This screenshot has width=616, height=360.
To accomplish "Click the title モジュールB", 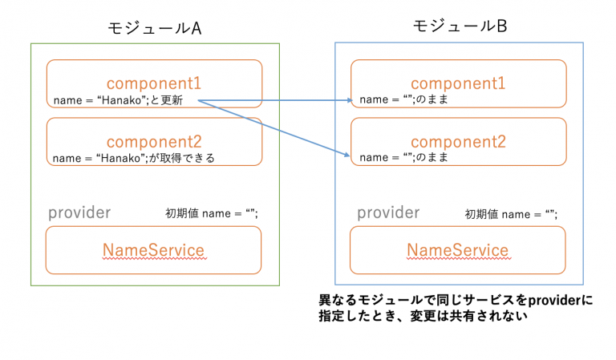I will [460, 26].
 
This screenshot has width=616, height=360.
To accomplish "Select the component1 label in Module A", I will [154, 83].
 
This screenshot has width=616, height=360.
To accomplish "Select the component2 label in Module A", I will [154, 140].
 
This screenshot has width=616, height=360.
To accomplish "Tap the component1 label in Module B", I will [459, 83].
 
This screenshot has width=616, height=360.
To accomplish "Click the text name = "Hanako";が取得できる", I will [133, 158].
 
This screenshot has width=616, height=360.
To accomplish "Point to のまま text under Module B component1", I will [436, 100].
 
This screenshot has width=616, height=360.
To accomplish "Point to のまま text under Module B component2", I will [436, 157].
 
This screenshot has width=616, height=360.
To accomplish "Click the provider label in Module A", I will [79, 212].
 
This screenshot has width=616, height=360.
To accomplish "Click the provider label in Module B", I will [388, 212].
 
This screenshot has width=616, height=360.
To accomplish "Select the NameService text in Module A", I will [154, 249].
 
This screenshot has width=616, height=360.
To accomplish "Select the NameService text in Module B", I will [458, 249].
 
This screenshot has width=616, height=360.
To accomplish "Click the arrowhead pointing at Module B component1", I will [350, 101].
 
